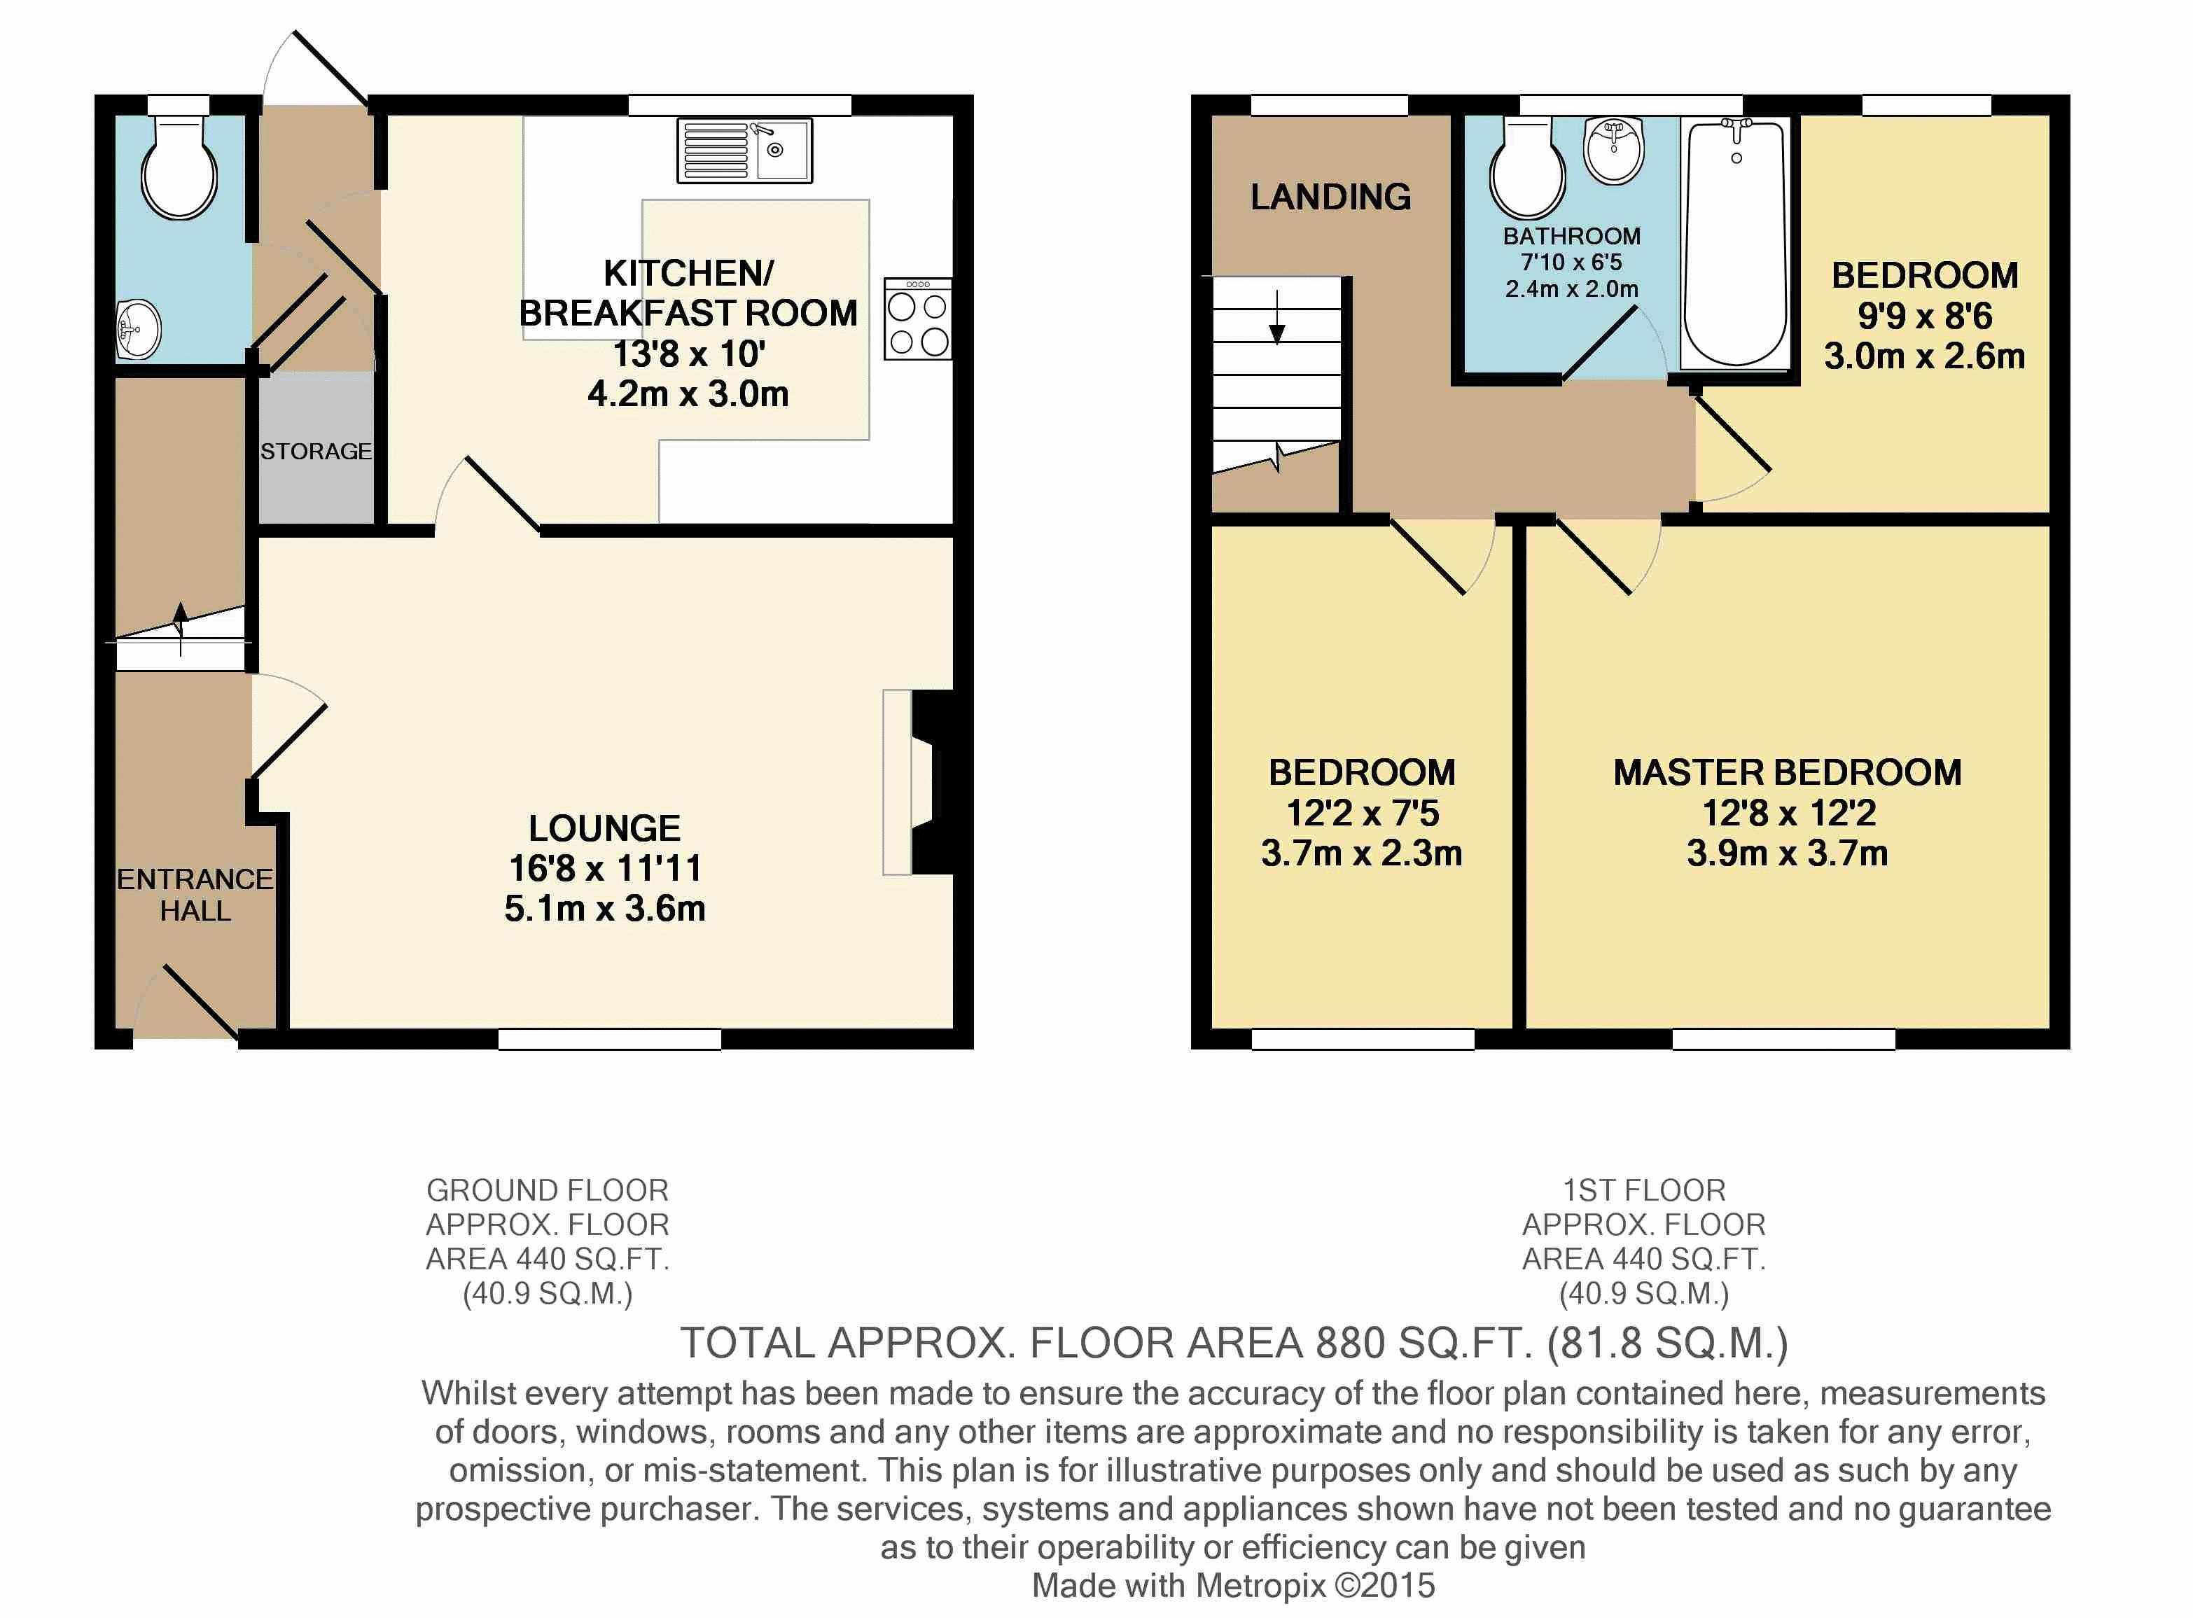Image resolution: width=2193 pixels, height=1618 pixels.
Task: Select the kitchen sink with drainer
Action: point(744,151)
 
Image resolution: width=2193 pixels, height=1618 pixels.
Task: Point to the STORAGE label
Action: point(315,452)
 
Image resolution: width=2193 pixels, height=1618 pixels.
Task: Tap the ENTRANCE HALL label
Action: point(195,894)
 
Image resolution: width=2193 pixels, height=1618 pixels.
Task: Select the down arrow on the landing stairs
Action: point(1277,317)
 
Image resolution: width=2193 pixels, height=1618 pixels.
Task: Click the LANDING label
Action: point(1330,197)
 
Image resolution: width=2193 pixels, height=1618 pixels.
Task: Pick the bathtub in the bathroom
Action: point(1734,243)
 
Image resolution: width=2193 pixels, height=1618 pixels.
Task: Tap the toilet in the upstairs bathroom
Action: point(1527,169)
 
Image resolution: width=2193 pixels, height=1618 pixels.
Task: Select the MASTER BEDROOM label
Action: point(1788,773)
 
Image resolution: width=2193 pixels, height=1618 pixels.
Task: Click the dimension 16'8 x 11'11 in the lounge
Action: point(605,867)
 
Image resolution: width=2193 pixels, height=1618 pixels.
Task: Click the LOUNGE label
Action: point(604,828)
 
